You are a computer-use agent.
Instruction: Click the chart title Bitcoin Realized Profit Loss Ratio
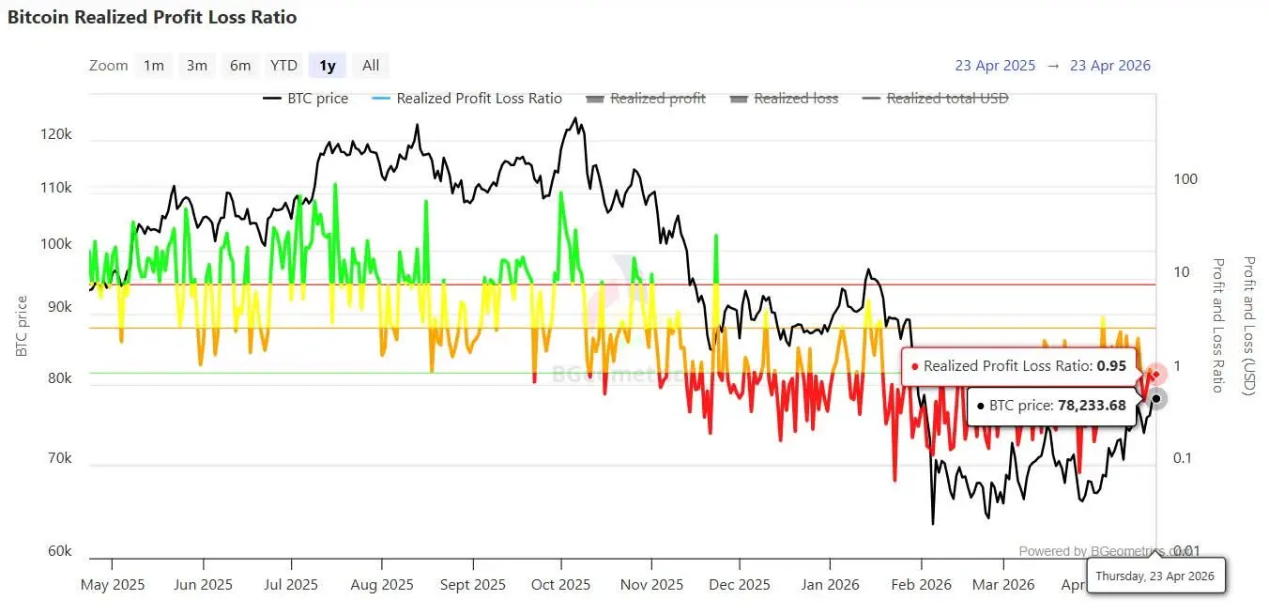152,17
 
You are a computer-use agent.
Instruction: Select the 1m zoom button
154,66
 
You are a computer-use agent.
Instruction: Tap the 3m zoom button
197,66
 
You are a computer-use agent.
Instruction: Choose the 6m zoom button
240,66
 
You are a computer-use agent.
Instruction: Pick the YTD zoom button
283,66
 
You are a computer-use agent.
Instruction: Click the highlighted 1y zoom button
328,66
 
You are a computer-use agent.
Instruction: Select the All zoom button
371,66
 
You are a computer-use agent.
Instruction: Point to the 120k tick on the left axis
56,135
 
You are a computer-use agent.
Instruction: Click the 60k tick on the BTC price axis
58,551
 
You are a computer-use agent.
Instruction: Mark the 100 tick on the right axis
1185,179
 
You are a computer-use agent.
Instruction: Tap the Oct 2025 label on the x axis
560,585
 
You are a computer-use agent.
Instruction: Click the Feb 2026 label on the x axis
922,585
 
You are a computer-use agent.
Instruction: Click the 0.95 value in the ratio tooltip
1111,366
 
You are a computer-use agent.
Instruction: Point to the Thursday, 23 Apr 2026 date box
1154,576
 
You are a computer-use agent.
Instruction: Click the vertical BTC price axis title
22,326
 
